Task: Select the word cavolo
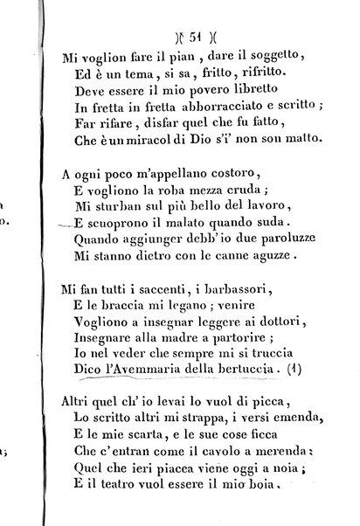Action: pos(204,452)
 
